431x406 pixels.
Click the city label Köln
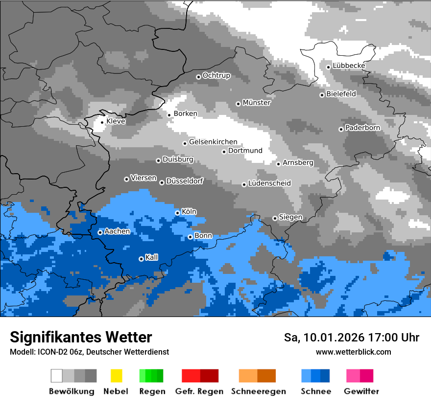coord(189,212)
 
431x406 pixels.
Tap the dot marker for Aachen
coord(100,232)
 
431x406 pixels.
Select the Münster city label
coord(257,103)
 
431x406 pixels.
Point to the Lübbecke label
coord(349,66)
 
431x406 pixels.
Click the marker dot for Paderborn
coord(341,129)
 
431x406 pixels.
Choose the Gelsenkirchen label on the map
coord(213,142)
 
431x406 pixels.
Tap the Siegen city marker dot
coord(275,218)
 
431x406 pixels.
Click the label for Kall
coord(152,257)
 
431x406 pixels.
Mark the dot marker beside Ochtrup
coord(198,76)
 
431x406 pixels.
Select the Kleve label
coord(116,121)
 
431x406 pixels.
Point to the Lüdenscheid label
coord(269,183)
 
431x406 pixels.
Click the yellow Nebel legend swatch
coord(116,376)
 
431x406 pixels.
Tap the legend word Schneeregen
coord(259,391)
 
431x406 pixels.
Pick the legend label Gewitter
coord(361,391)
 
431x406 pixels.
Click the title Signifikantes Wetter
coord(81,337)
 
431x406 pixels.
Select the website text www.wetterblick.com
coord(354,352)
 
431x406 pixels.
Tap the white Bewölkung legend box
coord(57,376)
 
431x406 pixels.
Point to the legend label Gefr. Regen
coord(199,391)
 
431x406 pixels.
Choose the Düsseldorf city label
coord(185,181)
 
